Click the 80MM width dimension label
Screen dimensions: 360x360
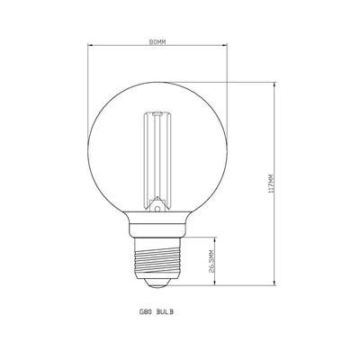(x=157, y=39)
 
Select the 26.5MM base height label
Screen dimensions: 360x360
(x=211, y=264)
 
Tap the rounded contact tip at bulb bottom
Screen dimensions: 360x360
(x=157, y=284)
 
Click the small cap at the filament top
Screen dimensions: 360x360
(x=157, y=114)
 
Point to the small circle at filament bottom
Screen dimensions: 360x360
(x=157, y=208)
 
